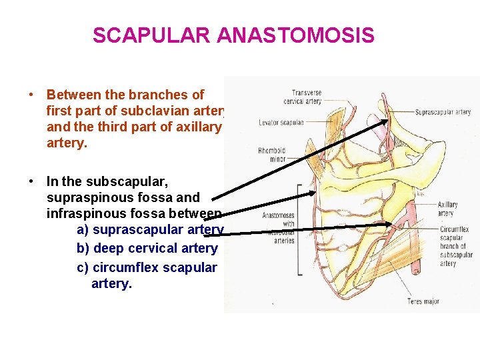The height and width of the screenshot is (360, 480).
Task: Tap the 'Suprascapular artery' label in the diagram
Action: click(443, 112)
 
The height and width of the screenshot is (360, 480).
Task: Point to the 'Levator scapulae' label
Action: click(281, 123)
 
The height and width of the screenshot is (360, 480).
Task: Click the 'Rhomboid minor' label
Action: click(272, 155)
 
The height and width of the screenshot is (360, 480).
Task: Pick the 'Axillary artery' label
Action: click(448, 209)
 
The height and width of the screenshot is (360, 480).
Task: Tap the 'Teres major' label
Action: click(424, 301)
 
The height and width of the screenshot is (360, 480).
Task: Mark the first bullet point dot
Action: click(31, 95)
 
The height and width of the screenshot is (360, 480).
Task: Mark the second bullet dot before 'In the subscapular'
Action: click(31, 181)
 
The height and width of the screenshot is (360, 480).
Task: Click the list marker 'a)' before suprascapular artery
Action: click(83, 230)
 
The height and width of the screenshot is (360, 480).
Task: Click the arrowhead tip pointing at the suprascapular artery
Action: click(388, 118)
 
